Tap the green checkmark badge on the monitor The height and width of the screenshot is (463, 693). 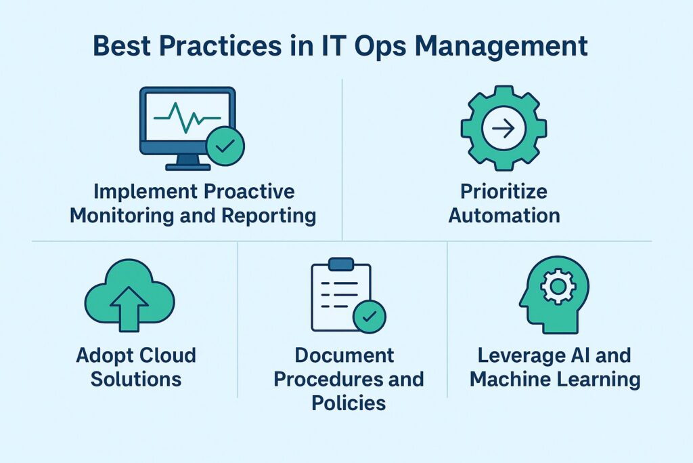(x=225, y=145)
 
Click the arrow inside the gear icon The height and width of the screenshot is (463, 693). (x=504, y=128)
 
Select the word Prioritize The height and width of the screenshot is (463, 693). (x=504, y=191)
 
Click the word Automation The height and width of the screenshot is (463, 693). (x=504, y=216)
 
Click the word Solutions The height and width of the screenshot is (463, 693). (x=136, y=378)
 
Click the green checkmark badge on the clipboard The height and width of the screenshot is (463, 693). (x=369, y=315)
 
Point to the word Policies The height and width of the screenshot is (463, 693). (x=349, y=403)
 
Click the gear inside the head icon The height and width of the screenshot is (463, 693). (x=558, y=287)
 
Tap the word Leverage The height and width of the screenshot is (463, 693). (x=520, y=355)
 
